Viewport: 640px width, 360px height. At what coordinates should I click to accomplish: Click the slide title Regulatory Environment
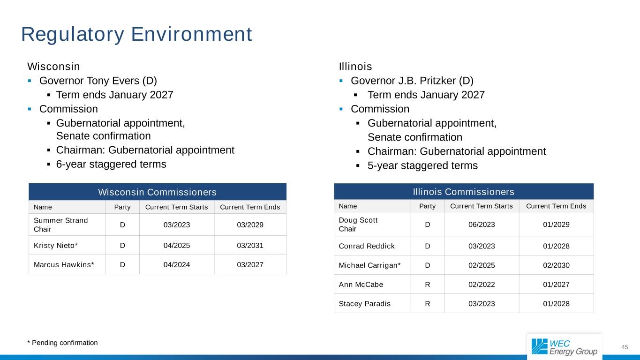(x=136, y=34)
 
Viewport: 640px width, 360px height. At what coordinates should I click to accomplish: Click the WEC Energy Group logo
(x=565, y=347)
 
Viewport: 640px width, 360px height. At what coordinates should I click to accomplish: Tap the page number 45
(x=625, y=347)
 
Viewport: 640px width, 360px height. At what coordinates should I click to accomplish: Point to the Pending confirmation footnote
(x=63, y=343)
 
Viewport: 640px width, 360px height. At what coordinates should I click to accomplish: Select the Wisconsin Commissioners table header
(x=157, y=192)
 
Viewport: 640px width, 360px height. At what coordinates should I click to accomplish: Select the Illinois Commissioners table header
(x=463, y=192)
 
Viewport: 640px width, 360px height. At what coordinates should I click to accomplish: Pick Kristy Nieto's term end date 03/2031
(x=250, y=245)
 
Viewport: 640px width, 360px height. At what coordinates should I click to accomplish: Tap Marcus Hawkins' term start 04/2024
(x=176, y=264)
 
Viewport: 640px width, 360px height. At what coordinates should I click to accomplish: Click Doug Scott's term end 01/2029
(x=556, y=225)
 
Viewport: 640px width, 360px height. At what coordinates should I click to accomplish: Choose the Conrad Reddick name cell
(x=367, y=246)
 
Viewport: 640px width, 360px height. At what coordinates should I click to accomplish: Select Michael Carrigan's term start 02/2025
(x=482, y=265)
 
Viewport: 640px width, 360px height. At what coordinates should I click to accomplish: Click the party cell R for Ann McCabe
(x=427, y=285)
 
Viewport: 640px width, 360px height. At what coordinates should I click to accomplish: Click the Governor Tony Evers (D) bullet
(x=98, y=81)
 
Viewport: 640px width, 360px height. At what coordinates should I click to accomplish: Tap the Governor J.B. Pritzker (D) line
(x=412, y=81)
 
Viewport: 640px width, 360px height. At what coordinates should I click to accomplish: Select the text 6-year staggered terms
(x=111, y=164)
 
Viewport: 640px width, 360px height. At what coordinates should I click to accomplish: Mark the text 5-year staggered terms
(x=422, y=165)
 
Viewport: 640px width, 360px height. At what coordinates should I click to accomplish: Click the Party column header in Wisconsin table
(x=122, y=207)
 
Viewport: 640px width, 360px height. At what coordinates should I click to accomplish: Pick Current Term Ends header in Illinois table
(x=556, y=206)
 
